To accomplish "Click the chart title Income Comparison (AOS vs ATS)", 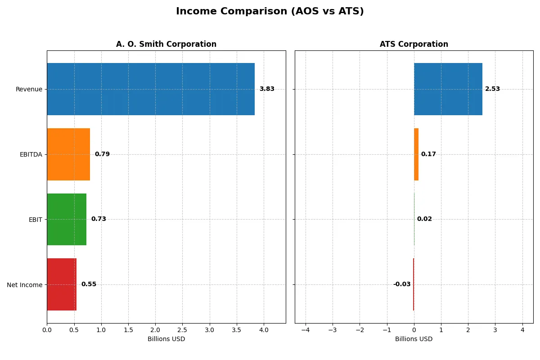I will click(270, 12).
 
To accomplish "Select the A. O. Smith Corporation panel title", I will click(166, 44).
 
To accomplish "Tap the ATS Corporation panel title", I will click(414, 44).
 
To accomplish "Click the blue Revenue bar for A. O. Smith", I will click(151, 89).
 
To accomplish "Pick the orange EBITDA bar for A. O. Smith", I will click(68, 154).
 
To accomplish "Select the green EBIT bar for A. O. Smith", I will click(67, 219).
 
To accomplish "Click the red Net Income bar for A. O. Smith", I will click(62, 284).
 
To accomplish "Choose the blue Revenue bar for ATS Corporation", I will click(448, 89).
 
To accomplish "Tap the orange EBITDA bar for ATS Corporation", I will click(416, 154).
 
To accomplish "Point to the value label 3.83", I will click(266, 89).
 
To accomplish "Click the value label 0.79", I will click(102, 154).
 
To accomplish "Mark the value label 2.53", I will click(492, 89).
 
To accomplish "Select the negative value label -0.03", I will click(401, 284).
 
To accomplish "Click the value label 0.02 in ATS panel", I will click(424, 219).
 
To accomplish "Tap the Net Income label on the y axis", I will click(25, 285).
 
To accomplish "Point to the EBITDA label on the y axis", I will click(31, 155).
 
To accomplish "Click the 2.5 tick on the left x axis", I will click(182, 330).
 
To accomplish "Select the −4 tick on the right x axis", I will click(305, 330).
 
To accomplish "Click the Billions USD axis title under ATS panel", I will click(414, 339).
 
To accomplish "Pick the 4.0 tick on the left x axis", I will click(264, 330).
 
